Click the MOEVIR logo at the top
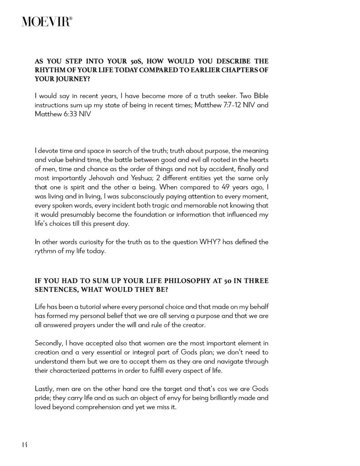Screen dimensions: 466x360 click(x=46, y=21)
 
